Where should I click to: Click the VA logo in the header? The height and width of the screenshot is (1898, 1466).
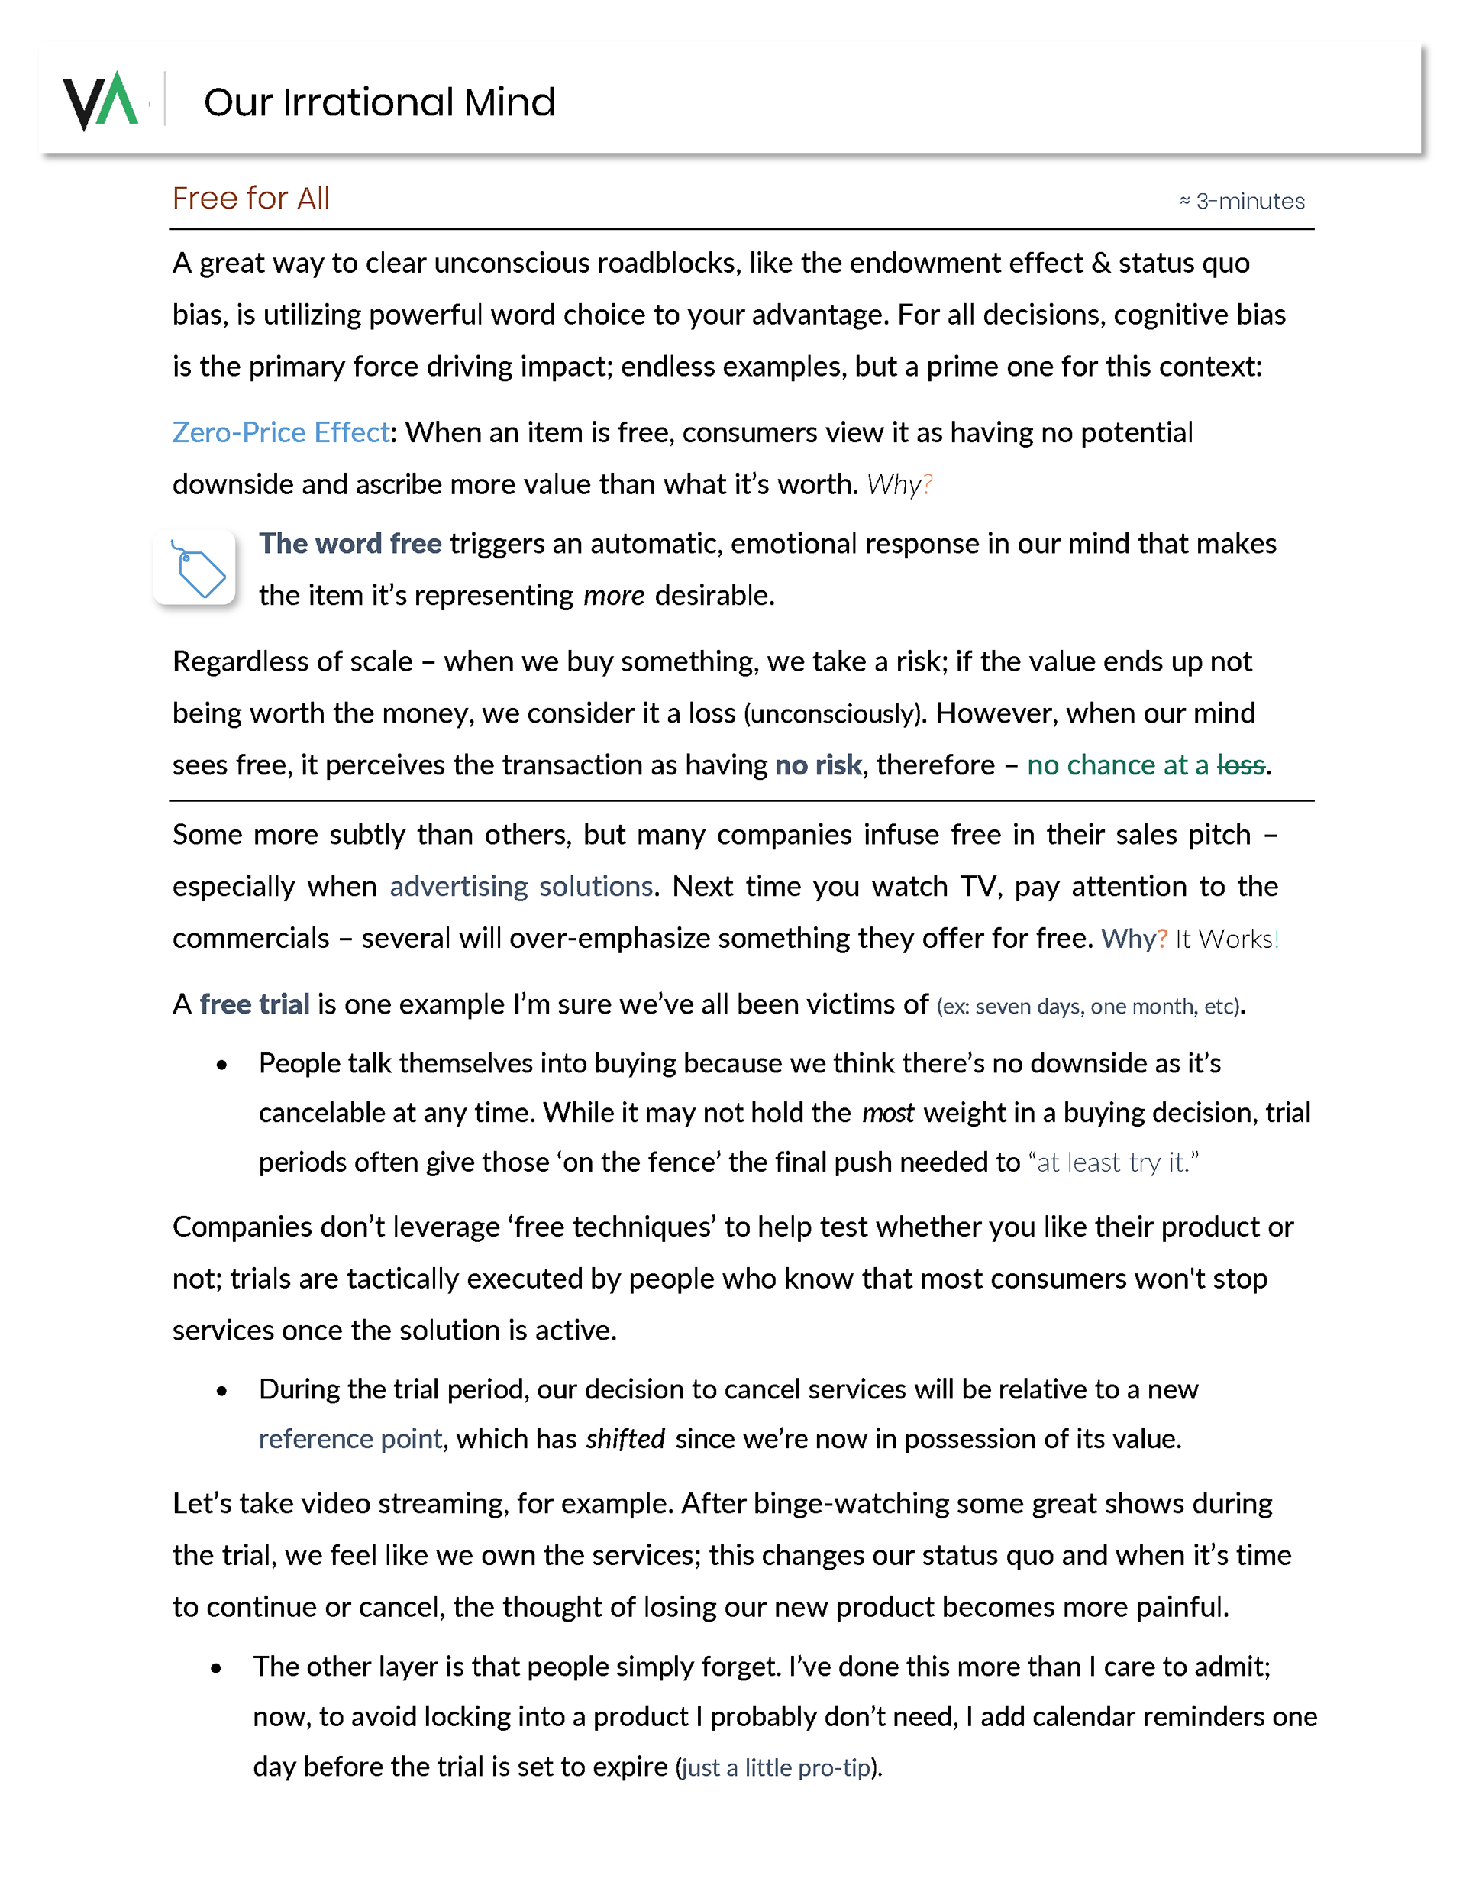tap(101, 101)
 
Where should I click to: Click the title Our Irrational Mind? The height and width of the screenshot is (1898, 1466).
tap(379, 102)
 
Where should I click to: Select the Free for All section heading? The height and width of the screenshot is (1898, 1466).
tap(250, 199)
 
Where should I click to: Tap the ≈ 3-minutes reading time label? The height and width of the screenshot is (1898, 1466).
tap(1241, 202)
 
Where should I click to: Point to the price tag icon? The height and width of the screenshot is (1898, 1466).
tap(195, 568)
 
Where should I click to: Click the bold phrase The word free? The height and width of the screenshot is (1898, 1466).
tap(350, 544)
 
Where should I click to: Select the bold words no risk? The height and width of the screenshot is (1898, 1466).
tap(818, 765)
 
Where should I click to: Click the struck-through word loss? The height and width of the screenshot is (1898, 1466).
tap(1240, 765)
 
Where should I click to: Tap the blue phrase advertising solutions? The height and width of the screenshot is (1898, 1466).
tap(521, 887)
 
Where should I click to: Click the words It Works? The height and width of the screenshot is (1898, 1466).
tap(1226, 939)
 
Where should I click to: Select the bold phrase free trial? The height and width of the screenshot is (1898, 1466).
tap(254, 1004)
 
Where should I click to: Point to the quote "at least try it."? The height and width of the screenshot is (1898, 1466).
tap(1113, 1162)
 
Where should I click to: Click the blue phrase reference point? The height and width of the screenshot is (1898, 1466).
tap(350, 1439)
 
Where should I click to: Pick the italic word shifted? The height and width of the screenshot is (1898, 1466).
tap(625, 1439)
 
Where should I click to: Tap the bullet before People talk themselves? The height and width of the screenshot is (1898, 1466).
tap(222, 1065)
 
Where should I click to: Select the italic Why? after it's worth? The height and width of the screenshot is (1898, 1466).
tap(899, 485)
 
